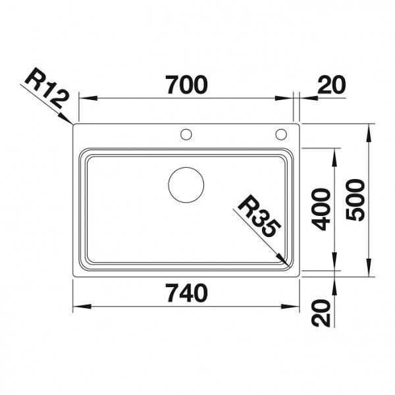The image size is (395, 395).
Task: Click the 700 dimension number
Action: [x=186, y=84]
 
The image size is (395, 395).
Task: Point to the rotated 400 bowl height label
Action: [x=321, y=209]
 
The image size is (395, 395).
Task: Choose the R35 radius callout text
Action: [x=259, y=217]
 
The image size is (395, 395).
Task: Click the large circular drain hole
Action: [x=187, y=184]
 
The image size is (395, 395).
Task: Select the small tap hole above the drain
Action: [x=186, y=135]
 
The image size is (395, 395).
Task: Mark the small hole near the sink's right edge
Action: [x=281, y=135]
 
